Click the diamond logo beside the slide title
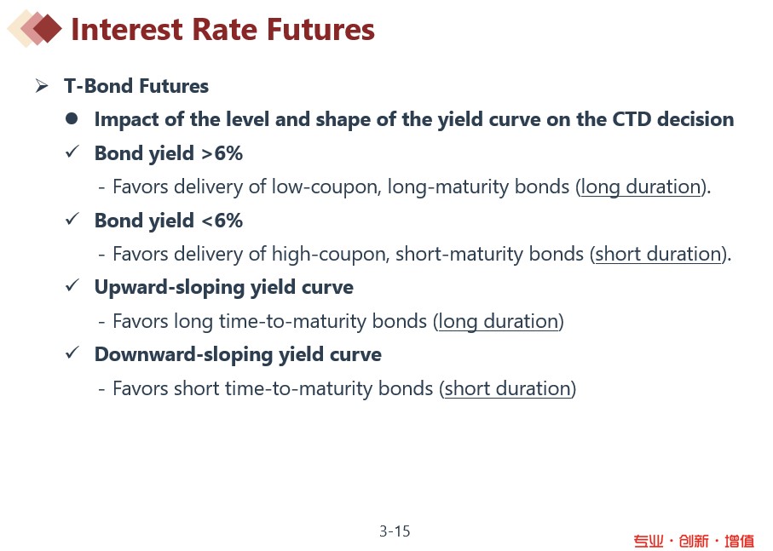[x=34, y=29]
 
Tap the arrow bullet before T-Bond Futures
[x=42, y=86]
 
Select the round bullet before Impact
[x=72, y=118]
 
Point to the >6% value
[x=222, y=153]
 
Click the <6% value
[x=222, y=221]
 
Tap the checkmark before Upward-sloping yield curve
[x=72, y=285]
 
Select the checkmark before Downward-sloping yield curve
[x=72, y=353]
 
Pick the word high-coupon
[x=331, y=254]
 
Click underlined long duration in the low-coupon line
[x=641, y=187]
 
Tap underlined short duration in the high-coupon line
[x=658, y=254]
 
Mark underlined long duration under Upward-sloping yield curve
[x=499, y=322]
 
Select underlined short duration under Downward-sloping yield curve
[x=508, y=388]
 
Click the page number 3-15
[x=395, y=531]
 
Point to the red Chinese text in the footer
[x=694, y=541]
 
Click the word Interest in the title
[x=127, y=29]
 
